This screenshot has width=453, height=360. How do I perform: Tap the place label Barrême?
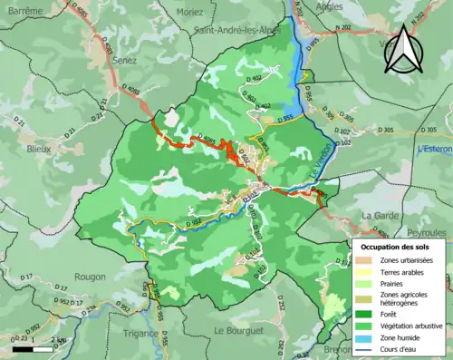[24, 8]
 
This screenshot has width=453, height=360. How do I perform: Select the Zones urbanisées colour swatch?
[362, 260]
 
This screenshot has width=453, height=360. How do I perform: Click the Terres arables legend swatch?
[362, 271]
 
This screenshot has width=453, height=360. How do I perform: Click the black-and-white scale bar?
[34, 347]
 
